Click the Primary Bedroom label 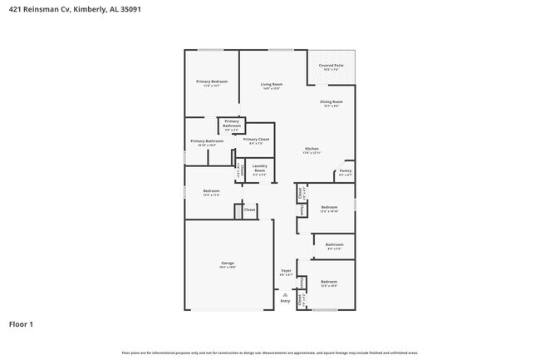pos(212,81)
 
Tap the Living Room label pos(272,84)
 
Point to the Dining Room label pos(331,102)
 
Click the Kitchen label pos(312,150)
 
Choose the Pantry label pos(344,172)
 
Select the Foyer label pos(286,271)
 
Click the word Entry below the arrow pos(286,301)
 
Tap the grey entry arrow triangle pos(286,293)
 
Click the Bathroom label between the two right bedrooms pos(334,244)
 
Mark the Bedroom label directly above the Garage pos(211,191)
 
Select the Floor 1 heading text pos(22,324)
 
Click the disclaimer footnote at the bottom pos(269,353)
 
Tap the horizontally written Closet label pos(249,210)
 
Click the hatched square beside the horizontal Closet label pos(237,212)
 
